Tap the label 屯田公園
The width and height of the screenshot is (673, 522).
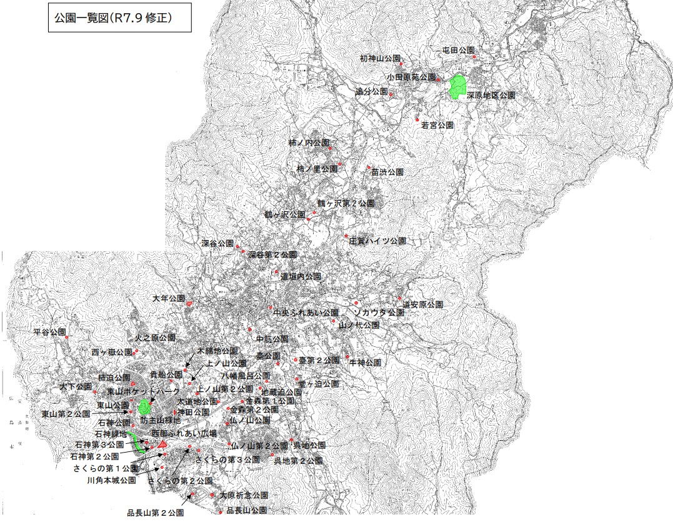(x=458, y=49)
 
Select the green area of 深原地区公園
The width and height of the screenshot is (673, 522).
(x=459, y=86)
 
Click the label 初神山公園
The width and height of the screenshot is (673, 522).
(x=379, y=58)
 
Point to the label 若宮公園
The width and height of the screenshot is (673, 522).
(x=437, y=125)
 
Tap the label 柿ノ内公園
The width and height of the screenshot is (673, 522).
(x=309, y=143)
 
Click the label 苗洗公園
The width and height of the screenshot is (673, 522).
(x=387, y=172)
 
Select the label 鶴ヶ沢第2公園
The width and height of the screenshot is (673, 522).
(x=346, y=204)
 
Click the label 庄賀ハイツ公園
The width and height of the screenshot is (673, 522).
(x=377, y=241)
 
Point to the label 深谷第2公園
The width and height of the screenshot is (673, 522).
(x=272, y=255)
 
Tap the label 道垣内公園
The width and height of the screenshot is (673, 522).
(x=301, y=276)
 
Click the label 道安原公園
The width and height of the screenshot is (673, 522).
(x=422, y=304)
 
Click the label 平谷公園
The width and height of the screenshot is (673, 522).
(x=50, y=331)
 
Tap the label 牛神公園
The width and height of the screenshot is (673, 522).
(x=365, y=362)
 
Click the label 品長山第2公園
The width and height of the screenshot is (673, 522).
(x=155, y=513)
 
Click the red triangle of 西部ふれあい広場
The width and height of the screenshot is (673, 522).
(x=162, y=443)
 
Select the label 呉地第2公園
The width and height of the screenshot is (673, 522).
(x=299, y=461)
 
